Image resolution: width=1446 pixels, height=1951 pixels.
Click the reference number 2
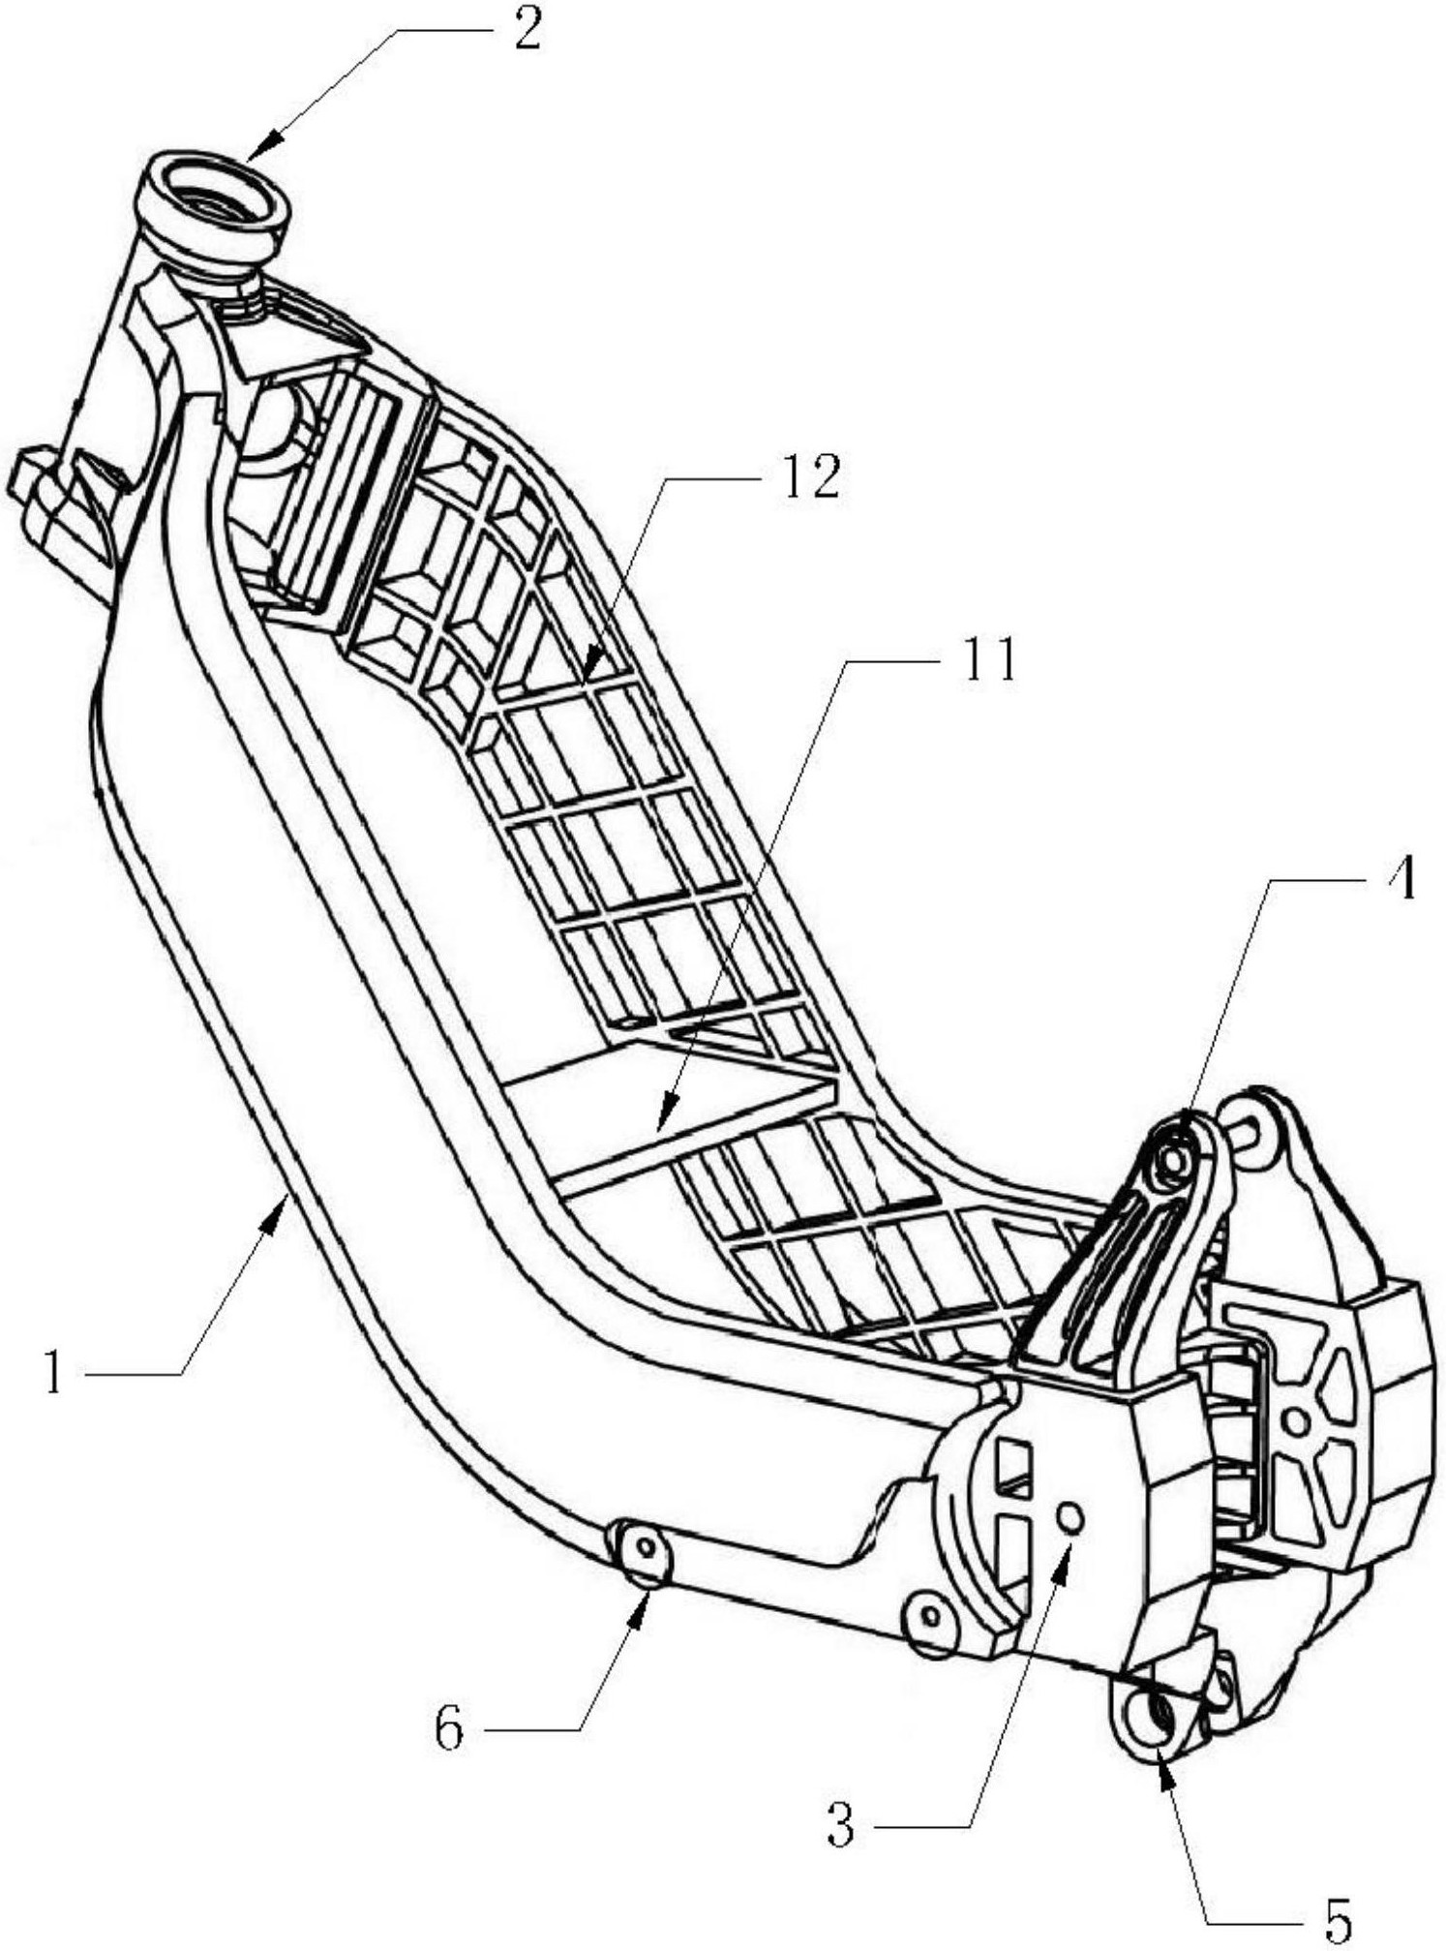pos(527,32)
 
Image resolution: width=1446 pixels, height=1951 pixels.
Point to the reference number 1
pos(54,1374)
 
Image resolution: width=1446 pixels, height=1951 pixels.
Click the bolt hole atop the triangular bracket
pos(1172,1157)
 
